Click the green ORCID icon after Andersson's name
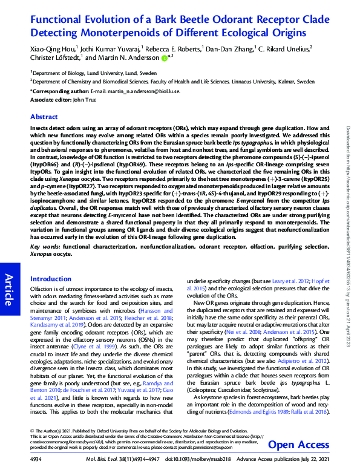(x=164, y=57)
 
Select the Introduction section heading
(x=51, y=279)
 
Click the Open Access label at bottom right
(x=298, y=445)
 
